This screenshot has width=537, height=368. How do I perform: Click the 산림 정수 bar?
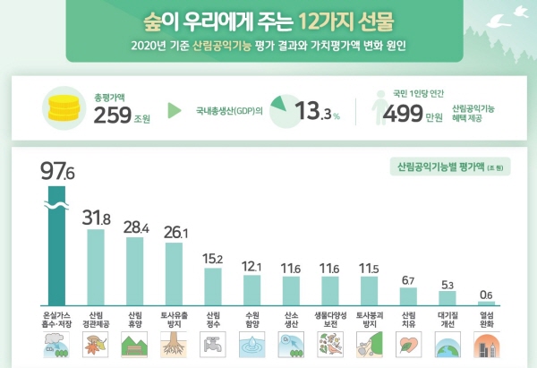point(213,287)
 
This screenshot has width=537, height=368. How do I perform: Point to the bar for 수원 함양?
point(251,290)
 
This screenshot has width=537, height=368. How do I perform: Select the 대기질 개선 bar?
point(447,299)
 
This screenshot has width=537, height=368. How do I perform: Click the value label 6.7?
point(408,280)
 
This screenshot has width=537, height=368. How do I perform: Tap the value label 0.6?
point(486,295)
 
